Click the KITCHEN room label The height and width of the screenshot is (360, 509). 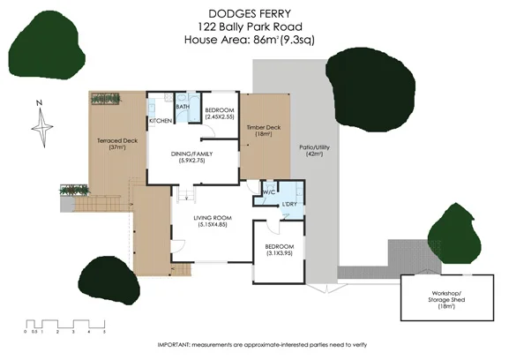click(x=160, y=120)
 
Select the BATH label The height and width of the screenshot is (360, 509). click(x=183, y=107)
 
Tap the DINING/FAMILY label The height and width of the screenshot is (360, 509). click(x=191, y=157)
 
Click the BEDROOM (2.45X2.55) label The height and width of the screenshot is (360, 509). click(x=218, y=112)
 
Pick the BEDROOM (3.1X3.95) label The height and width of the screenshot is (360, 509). click(x=274, y=251)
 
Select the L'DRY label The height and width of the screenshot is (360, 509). click(x=288, y=205)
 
